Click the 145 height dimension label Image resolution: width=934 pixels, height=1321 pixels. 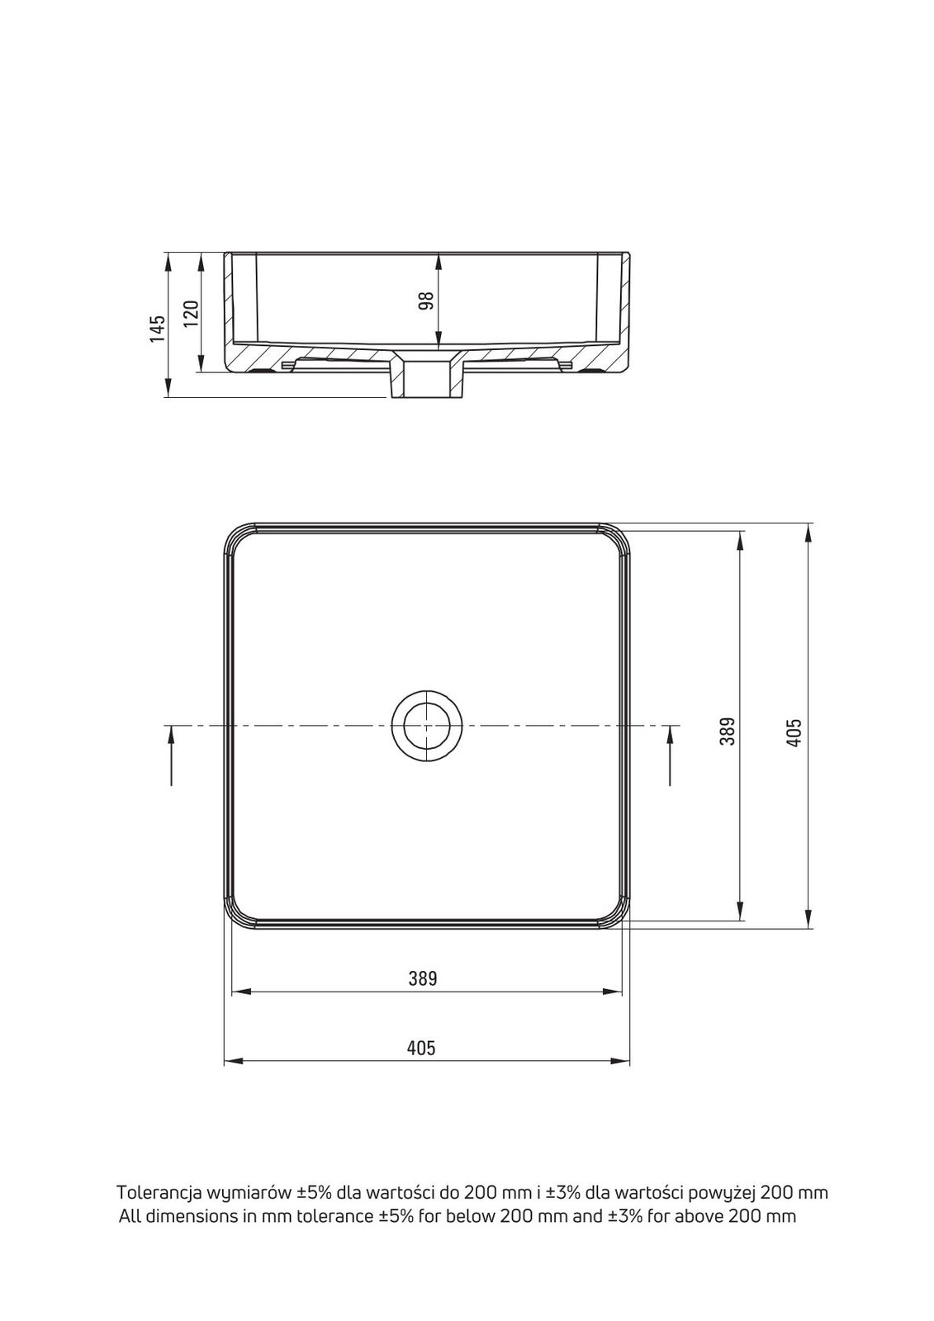click(158, 329)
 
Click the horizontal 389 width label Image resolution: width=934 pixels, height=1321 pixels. click(423, 978)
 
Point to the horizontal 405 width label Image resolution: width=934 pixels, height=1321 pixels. click(421, 1048)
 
